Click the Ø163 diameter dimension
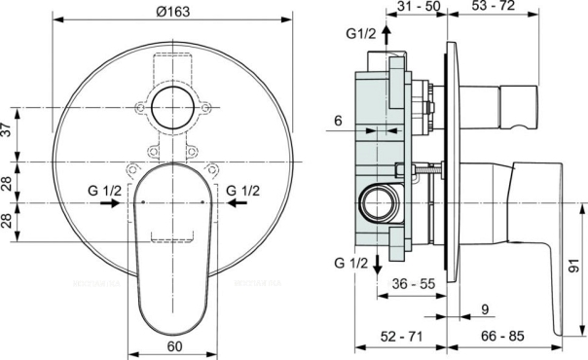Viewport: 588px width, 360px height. click(171, 12)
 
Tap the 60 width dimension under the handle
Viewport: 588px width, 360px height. click(175, 344)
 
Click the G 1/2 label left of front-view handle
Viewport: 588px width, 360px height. click(104, 191)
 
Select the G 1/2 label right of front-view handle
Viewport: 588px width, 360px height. click(243, 191)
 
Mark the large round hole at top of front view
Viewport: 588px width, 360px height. click(171, 107)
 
